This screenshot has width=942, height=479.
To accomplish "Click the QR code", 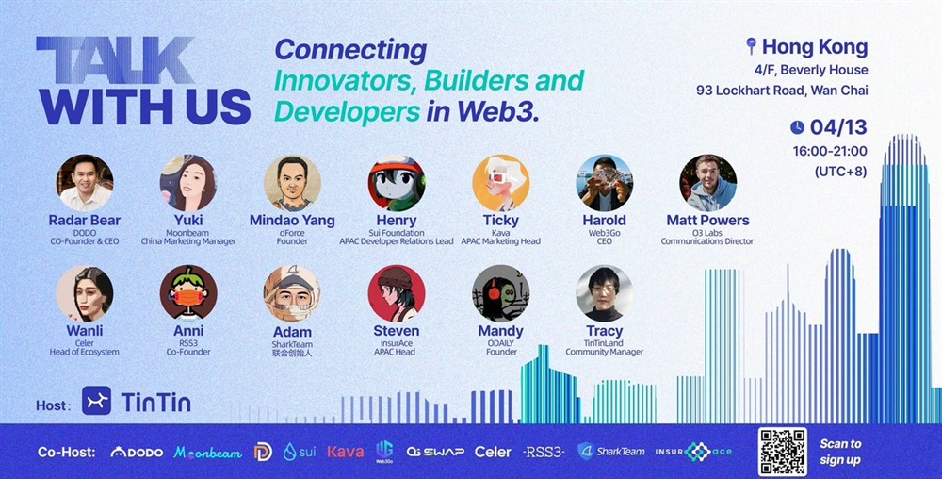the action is coord(782,452).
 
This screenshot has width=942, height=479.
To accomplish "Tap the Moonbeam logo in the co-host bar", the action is coord(208,453).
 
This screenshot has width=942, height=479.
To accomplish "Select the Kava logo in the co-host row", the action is coord(346,452).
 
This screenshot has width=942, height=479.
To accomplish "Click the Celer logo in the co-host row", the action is coord(493,452).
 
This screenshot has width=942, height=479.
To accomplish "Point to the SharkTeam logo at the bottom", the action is coord(611,452).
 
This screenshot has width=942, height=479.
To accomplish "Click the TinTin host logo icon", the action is coord(96,401).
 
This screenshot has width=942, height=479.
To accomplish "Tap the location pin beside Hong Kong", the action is coord(751,45).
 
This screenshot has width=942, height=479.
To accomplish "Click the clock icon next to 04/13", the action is coord(797,127).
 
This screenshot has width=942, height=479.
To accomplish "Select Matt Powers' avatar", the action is coord(707,183).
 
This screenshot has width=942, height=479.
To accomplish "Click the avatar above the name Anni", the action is coord(188,293).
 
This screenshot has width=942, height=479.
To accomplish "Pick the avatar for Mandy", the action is coord(500,293).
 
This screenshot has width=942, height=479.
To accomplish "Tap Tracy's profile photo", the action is coord(605,293).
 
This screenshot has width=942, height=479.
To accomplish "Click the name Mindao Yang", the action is coord(292,221).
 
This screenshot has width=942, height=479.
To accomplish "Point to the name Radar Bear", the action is coord(85,221).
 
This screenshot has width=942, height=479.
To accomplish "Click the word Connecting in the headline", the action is coord(350,50).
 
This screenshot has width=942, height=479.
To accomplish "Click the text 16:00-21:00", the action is coord(830,151).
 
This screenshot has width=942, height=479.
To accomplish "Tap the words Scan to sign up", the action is coord(840,452).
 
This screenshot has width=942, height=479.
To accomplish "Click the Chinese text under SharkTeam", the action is coord(292,354).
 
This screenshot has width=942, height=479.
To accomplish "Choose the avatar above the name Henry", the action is coord(397,183).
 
